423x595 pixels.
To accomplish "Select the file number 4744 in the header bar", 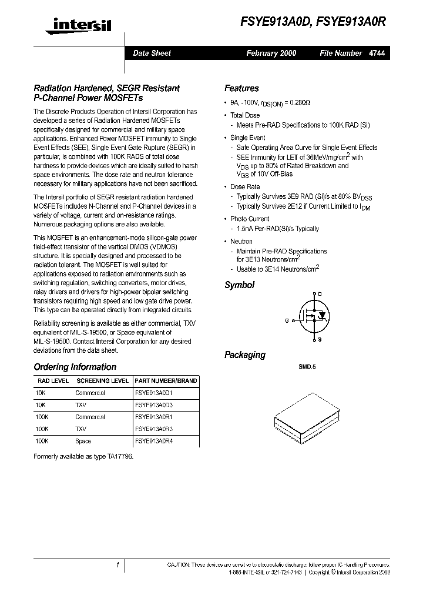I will click(377, 53).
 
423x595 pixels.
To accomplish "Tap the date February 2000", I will click(271, 53).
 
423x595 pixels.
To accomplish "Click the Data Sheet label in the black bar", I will click(152, 53).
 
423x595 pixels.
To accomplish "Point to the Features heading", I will click(241, 88).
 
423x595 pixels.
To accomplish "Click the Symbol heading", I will click(239, 285).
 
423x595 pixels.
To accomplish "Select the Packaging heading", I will click(244, 355).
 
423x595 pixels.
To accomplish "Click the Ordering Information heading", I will click(75, 367).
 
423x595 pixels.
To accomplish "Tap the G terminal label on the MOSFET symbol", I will click(287, 321).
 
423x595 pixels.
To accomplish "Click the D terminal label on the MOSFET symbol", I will click(320, 293).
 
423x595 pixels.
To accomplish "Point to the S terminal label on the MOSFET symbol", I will click(320, 340).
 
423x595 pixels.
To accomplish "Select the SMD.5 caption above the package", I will click(307, 366).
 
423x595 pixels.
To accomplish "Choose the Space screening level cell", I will click(83, 441).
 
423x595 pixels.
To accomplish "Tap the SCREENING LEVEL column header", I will click(102, 381).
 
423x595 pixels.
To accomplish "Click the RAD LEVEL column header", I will click(53, 381).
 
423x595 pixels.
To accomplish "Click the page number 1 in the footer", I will click(118, 565).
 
